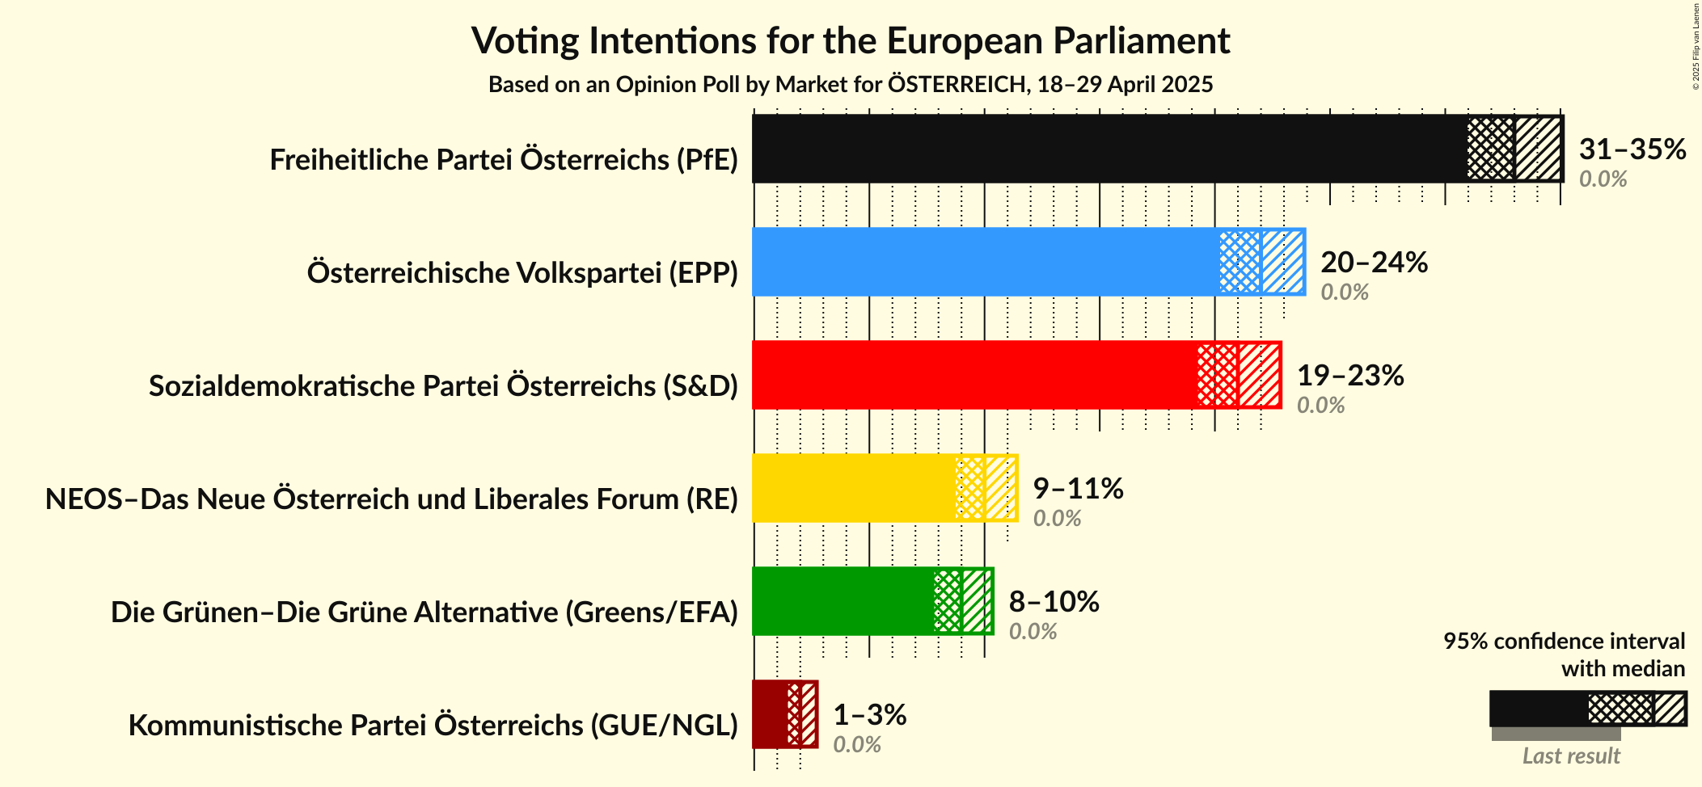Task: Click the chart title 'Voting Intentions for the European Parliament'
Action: click(851, 41)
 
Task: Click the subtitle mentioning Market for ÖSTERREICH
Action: click(851, 85)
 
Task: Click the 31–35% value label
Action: click(1632, 149)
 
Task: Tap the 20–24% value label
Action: click(1374, 263)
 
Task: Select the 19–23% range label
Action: click(1350, 376)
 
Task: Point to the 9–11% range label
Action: click(1078, 489)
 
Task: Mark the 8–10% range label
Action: click(1054, 602)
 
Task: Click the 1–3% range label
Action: click(869, 715)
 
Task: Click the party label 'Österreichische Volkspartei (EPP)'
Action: click(522, 273)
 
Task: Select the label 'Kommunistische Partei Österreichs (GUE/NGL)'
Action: click(433, 726)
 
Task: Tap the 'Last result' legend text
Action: click(1571, 756)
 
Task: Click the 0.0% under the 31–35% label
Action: click(1603, 179)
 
